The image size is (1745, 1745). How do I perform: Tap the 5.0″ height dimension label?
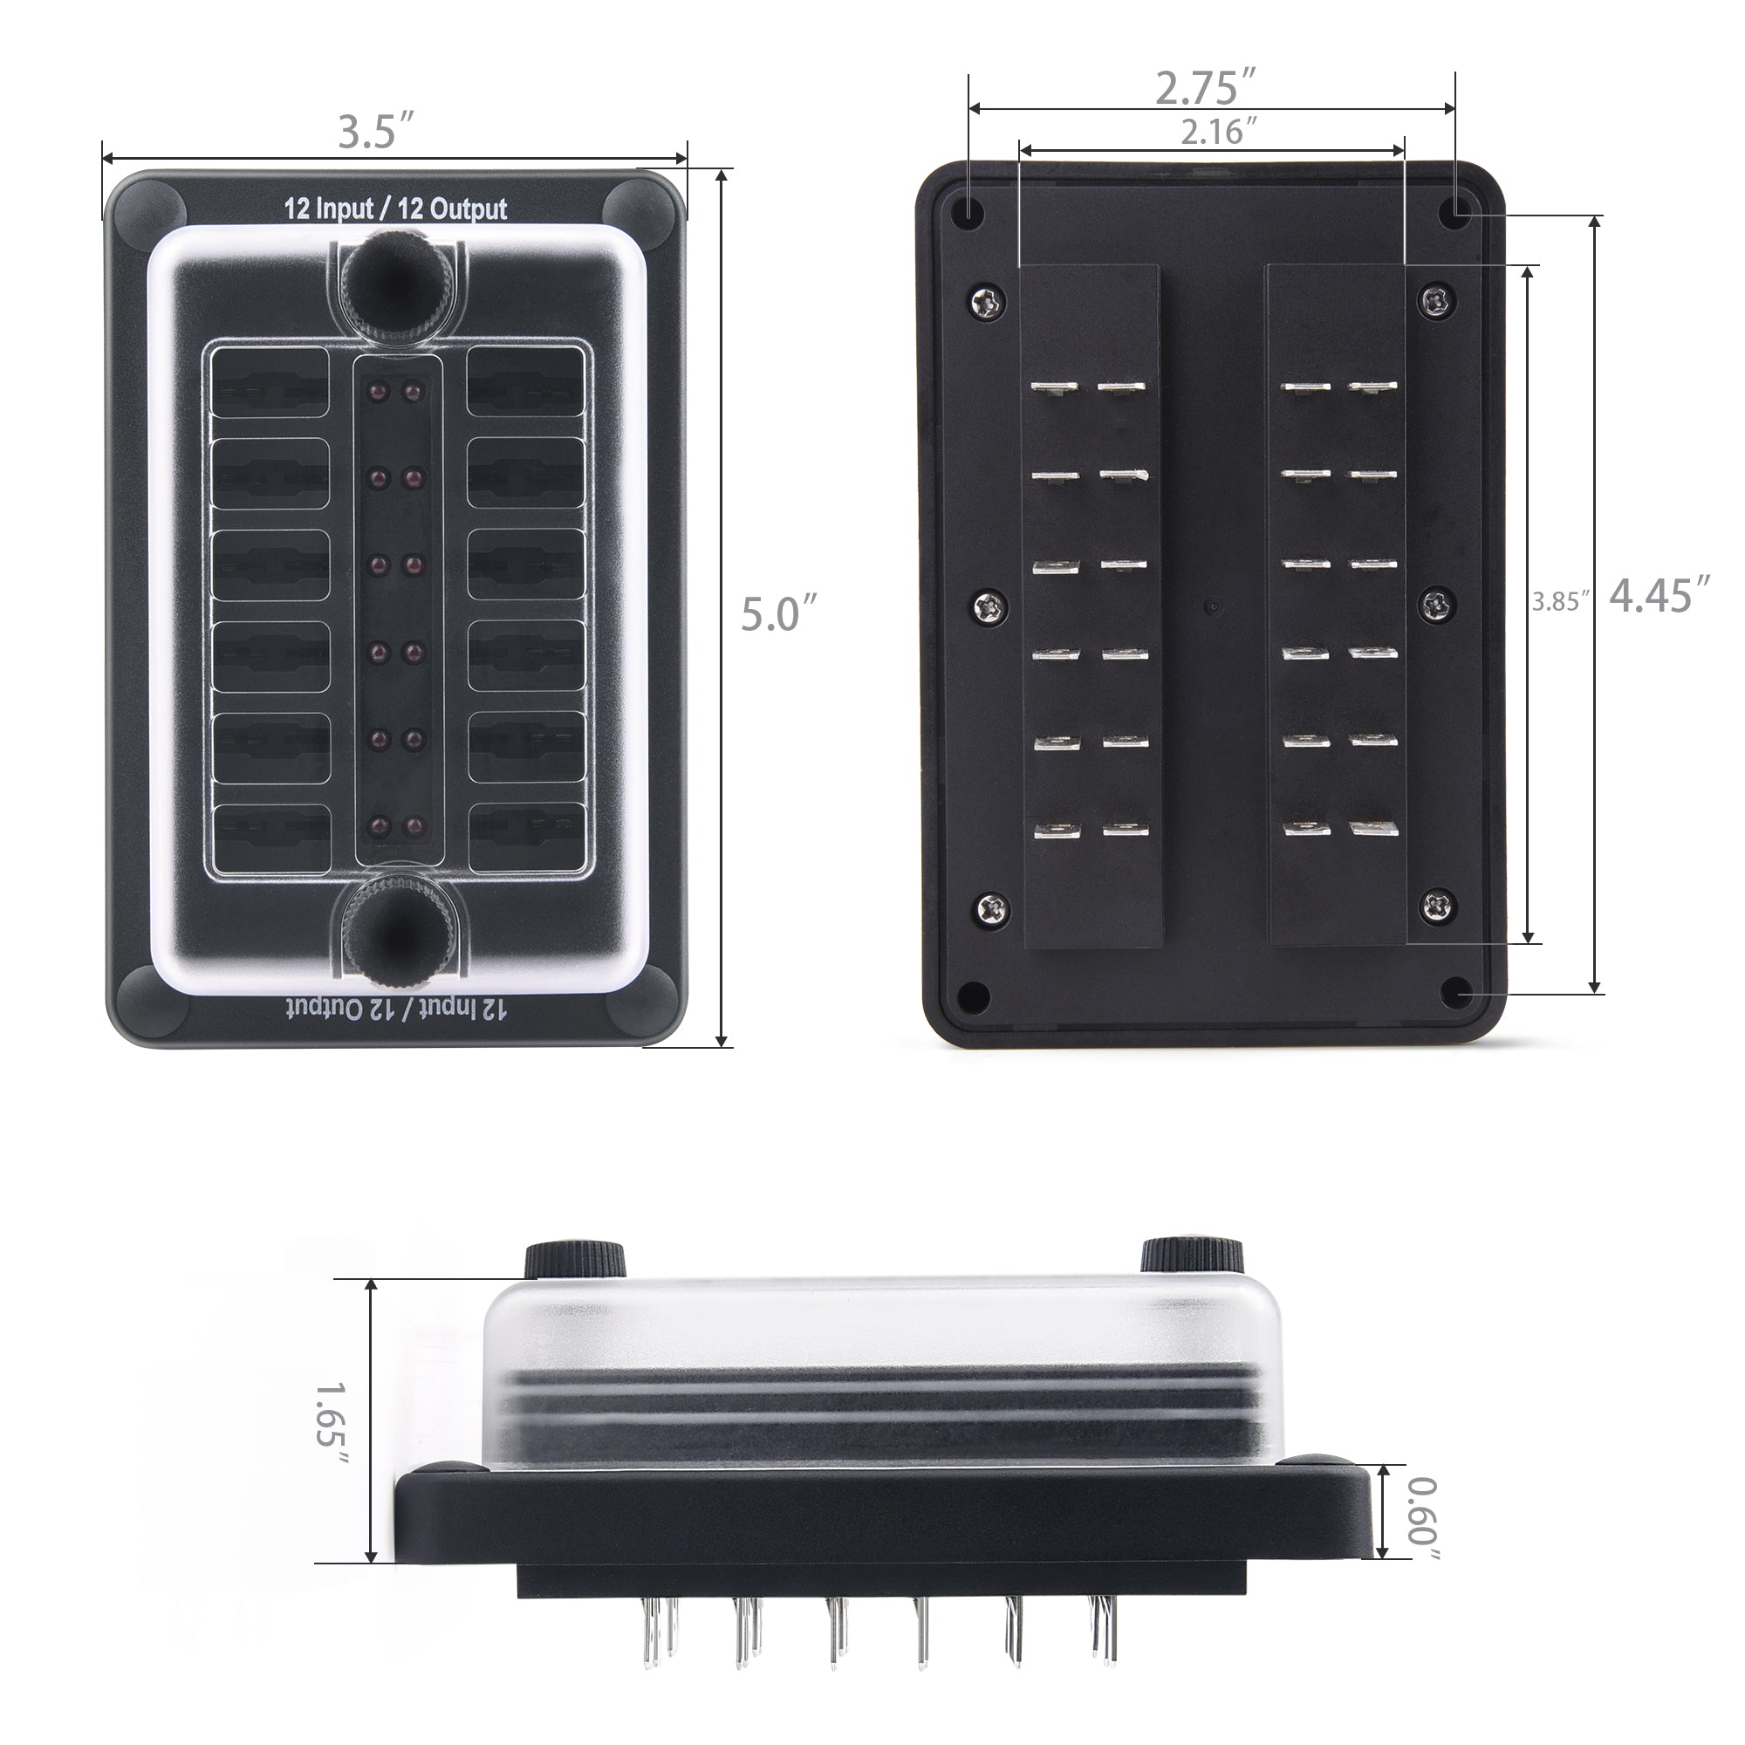(x=779, y=614)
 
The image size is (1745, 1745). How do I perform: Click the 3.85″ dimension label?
(x=1560, y=601)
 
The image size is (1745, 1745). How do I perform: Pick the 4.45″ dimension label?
(x=1660, y=597)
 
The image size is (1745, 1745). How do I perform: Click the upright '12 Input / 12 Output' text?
(x=395, y=209)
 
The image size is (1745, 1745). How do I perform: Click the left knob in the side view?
(x=576, y=1258)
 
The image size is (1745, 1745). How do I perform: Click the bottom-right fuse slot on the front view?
(x=523, y=825)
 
